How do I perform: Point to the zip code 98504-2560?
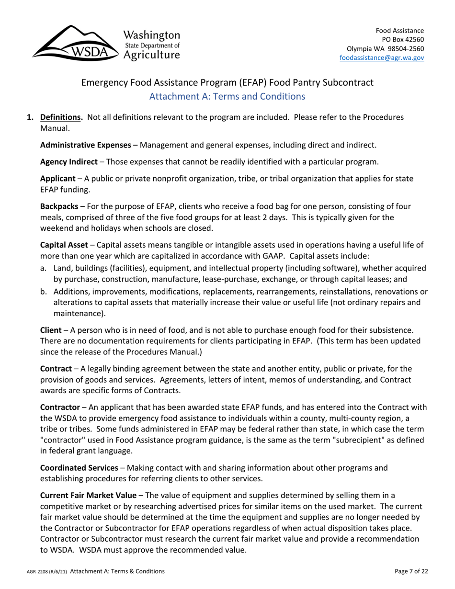tap(403, 49)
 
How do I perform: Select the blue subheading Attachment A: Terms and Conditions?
tap(227, 96)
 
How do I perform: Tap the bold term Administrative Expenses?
tap(85, 145)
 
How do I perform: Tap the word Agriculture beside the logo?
tap(152, 55)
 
